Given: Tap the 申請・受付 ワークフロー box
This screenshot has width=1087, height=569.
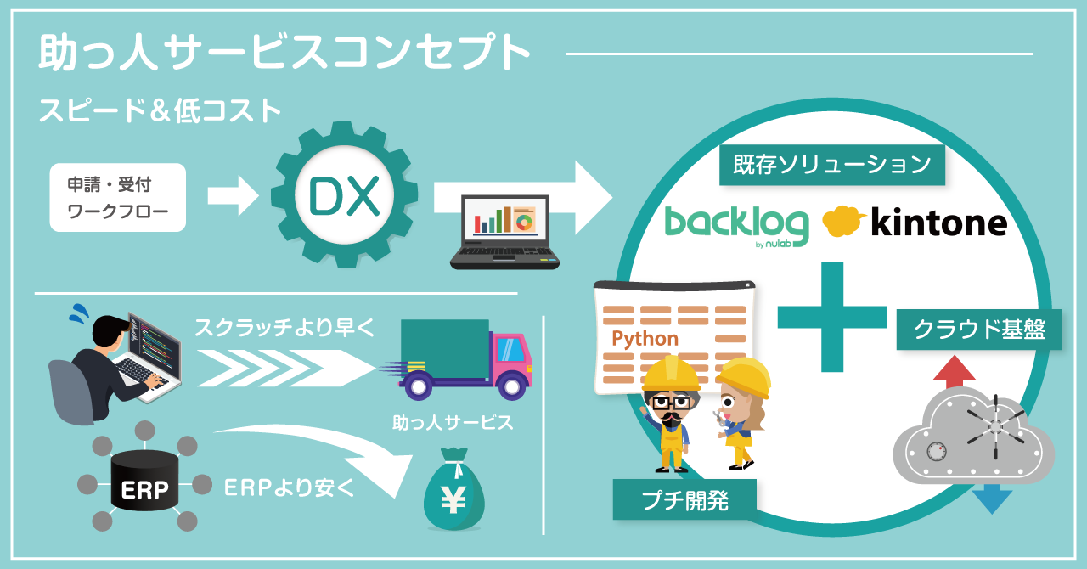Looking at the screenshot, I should click(117, 197).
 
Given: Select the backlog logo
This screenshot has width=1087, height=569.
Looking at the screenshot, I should click(735, 224).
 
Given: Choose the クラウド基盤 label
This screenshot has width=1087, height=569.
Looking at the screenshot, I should click(979, 330).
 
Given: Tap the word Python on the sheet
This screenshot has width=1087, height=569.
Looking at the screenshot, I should click(645, 339).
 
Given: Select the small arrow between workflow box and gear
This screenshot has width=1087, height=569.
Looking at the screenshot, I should click(231, 197).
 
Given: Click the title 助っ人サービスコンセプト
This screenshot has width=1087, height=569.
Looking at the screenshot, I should click(284, 54).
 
